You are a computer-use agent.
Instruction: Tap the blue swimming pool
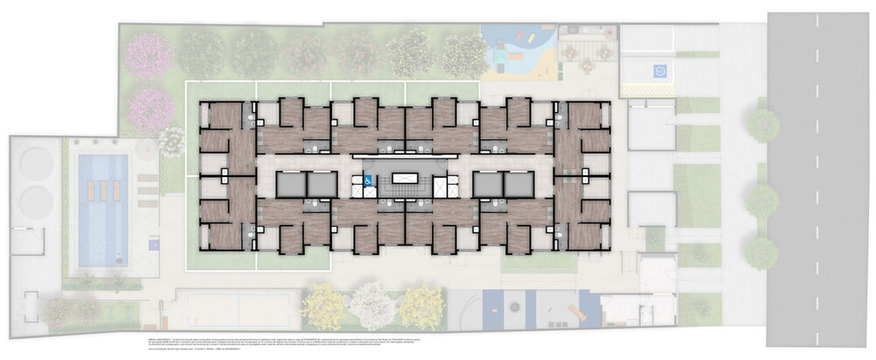[103, 210]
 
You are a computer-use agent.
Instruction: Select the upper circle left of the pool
[36, 162]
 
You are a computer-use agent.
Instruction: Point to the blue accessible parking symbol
[648, 71]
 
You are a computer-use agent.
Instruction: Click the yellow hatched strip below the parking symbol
[648, 89]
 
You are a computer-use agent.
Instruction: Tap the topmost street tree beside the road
[763, 125]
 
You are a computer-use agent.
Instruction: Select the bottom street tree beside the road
[761, 253]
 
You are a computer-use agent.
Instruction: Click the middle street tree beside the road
[762, 201]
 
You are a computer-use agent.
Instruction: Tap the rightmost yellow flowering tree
[421, 307]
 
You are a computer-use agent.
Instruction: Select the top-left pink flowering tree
[150, 53]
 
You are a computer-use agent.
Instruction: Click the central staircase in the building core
[404, 185]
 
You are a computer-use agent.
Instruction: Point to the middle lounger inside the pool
[103, 191]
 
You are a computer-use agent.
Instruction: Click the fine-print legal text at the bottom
[350, 342]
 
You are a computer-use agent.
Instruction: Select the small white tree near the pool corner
[173, 140]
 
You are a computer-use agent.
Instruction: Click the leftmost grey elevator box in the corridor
[289, 185]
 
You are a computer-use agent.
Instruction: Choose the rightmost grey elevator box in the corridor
[519, 185]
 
